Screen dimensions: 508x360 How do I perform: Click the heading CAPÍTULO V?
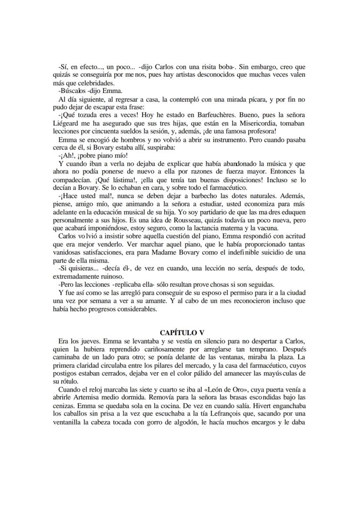pyautogui.click(x=180, y=332)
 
